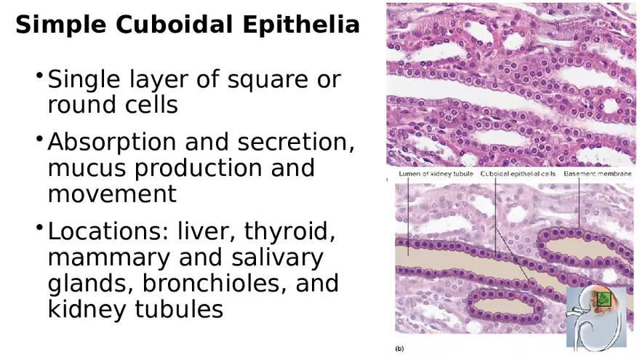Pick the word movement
point(112,194)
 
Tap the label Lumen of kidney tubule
point(436,175)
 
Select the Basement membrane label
point(598,175)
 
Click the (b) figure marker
point(399,349)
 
